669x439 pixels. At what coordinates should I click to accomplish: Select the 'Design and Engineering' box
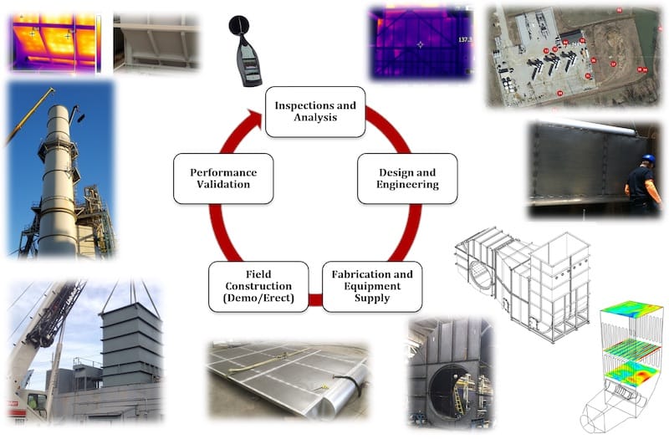point(406,178)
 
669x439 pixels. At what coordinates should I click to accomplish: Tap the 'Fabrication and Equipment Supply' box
point(371,287)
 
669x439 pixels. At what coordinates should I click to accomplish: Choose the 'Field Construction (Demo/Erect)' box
point(258,287)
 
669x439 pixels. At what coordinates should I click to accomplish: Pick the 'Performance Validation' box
point(223,178)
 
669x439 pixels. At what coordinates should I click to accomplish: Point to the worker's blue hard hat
point(648,159)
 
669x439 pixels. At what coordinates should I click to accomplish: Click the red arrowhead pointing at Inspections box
point(253,121)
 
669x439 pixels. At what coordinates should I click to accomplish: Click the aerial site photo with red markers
point(572,56)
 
